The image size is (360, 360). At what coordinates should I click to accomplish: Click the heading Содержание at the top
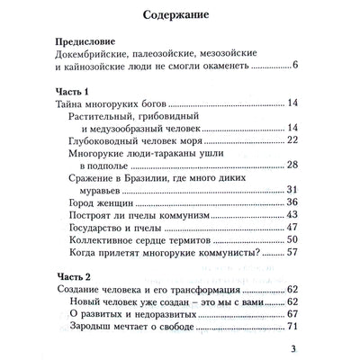coord(179,15)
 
